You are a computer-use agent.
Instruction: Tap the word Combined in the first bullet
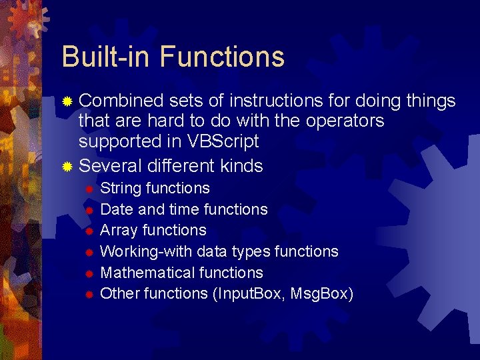click(x=121, y=101)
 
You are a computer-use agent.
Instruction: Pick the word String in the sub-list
click(x=120, y=189)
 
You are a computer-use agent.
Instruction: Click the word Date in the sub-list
click(x=116, y=209)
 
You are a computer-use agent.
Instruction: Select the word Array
click(x=118, y=231)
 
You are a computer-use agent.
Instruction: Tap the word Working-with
click(x=139, y=252)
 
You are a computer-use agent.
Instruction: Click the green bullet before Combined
click(x=67, y=102)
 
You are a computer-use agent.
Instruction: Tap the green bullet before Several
click(x=67, y=167)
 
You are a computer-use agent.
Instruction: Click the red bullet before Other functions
click(x=88, y=295)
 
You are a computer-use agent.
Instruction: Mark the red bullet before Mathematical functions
click(x=88, y=273)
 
